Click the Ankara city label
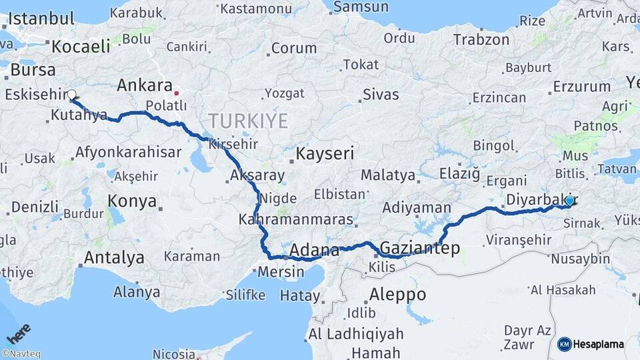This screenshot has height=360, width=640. click(144, 85)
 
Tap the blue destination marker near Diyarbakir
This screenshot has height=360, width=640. click(569, 200)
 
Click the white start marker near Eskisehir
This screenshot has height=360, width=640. click(71, 95)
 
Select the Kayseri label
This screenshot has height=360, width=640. click(324, 153)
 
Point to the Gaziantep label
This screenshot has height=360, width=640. click(419, 249)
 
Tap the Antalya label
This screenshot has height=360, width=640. click(114, 257)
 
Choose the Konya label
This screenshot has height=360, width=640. click(132, 201)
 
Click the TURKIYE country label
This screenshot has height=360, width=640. click(248, 121)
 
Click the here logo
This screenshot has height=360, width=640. click(18, 332)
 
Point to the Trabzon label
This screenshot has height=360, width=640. click(481, 39)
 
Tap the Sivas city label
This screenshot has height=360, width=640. click(381, 94)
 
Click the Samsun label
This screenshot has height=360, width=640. click(361, 7)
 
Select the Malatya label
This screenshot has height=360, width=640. click(388, 175)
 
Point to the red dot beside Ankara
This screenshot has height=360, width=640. click(177, 92)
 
